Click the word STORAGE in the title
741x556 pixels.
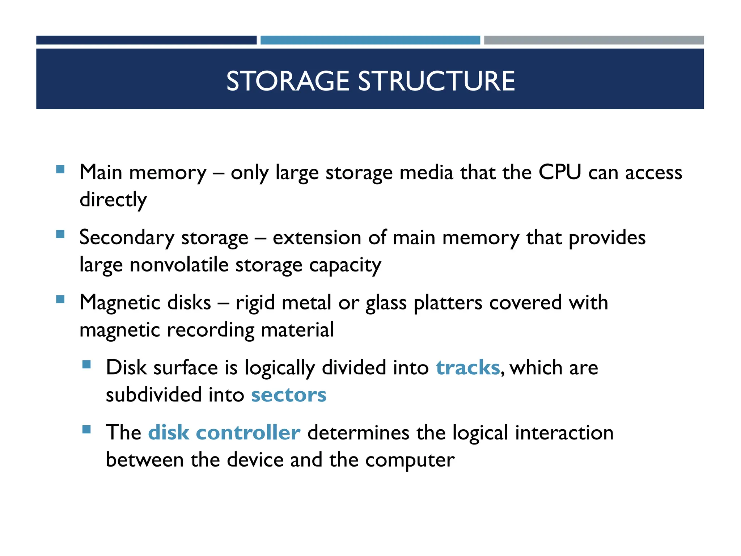tap(288, 81)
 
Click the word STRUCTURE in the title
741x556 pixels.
tap(436, 81)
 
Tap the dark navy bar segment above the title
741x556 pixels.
tap(146, 40)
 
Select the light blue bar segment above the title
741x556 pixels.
tap(370, 40)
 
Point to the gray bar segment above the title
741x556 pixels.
tap(594, 40)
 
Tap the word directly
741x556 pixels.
tap(113, 200)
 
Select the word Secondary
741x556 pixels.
tap(127, 238)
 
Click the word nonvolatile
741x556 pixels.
tap(179, 265)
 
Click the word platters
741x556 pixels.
tap(448, 303)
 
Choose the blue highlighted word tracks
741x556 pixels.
tap(467, 368)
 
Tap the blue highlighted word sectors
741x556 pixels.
tap(289, 395)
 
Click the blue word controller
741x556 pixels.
tap(248, 433)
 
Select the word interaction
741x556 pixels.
tap(564, 433)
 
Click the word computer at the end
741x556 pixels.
tap(410, 460)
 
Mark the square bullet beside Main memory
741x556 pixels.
tap(60, 169)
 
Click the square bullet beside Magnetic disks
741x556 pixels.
tap(60, 299)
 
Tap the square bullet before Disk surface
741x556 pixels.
tap(86, 364)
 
